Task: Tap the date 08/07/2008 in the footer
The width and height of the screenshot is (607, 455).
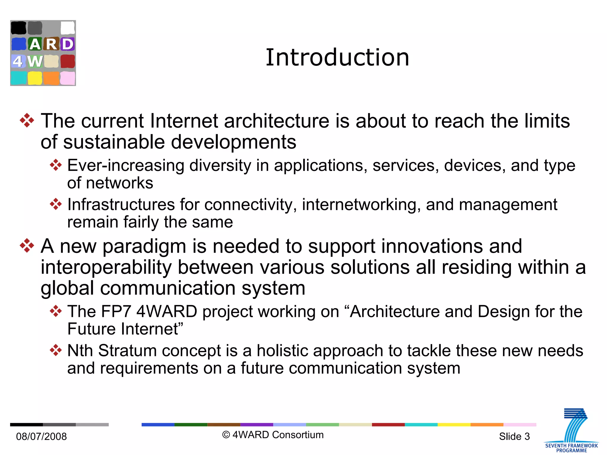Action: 41,436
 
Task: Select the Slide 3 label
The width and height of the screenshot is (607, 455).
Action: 514,436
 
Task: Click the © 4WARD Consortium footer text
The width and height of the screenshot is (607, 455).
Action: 273,435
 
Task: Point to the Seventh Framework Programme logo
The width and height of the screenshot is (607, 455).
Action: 571,431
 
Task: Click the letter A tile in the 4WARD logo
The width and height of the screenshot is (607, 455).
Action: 35,44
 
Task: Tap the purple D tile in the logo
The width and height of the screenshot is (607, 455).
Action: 68,44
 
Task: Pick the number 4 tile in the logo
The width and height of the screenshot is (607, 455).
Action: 18,61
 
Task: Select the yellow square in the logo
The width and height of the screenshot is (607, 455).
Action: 35,78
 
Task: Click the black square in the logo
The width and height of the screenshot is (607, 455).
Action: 18,28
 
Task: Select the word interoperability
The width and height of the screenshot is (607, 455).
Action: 106,267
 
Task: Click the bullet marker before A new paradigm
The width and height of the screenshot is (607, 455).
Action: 27,246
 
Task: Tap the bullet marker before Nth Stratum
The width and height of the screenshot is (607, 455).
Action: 56,350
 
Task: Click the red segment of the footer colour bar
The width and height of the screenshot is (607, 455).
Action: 388,424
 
